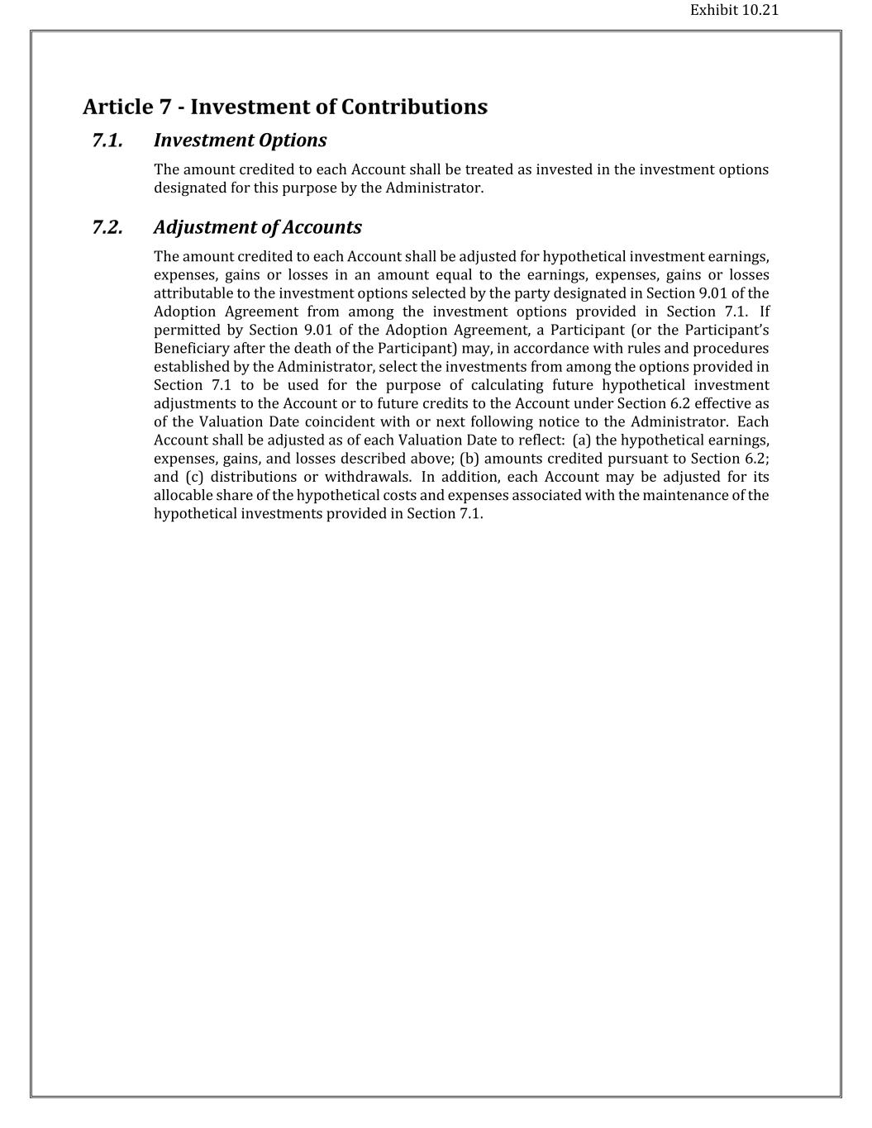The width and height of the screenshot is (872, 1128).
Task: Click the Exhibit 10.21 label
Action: tap(734, 11)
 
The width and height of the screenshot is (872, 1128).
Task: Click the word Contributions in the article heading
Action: tap(414, 107)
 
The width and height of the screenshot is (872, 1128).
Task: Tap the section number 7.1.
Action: tap(107, 140)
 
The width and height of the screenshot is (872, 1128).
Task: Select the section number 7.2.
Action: tap(107, 227)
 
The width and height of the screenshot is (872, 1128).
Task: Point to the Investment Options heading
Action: tap(240, 140)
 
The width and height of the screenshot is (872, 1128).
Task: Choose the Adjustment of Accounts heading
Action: tap(257, 227)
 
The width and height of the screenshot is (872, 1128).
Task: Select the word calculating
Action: tap(507, 385)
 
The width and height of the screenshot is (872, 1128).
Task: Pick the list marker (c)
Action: tap(193, 477)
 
